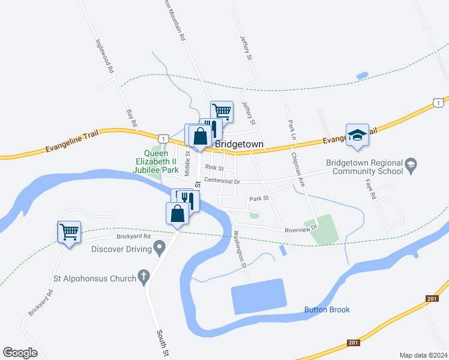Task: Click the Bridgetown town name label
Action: tap(240, 145)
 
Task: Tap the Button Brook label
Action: tap(327, 310)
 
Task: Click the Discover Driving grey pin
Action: tap(159, 247)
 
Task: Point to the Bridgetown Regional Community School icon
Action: tap(411, 166)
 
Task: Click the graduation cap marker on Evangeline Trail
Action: tap(357, 135)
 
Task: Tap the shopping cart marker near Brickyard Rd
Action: tap(69, 232)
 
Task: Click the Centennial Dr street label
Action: tap(221, 181)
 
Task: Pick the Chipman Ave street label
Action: tap(298, 171)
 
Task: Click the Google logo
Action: tap(20, 352)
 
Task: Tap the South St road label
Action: tap(162, 343)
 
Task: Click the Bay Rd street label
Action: tap(132, 118)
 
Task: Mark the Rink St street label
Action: tap(214, 168)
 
